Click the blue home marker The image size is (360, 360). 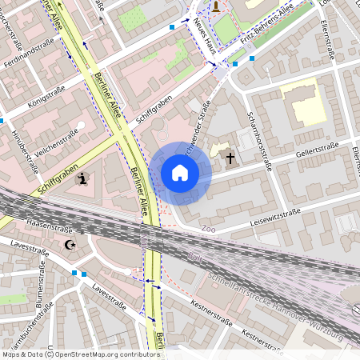180,173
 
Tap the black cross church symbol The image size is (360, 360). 230,158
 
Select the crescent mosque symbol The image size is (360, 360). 70,244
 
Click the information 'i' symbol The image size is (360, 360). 83,178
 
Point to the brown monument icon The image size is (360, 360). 215,6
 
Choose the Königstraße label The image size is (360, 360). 46,96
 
